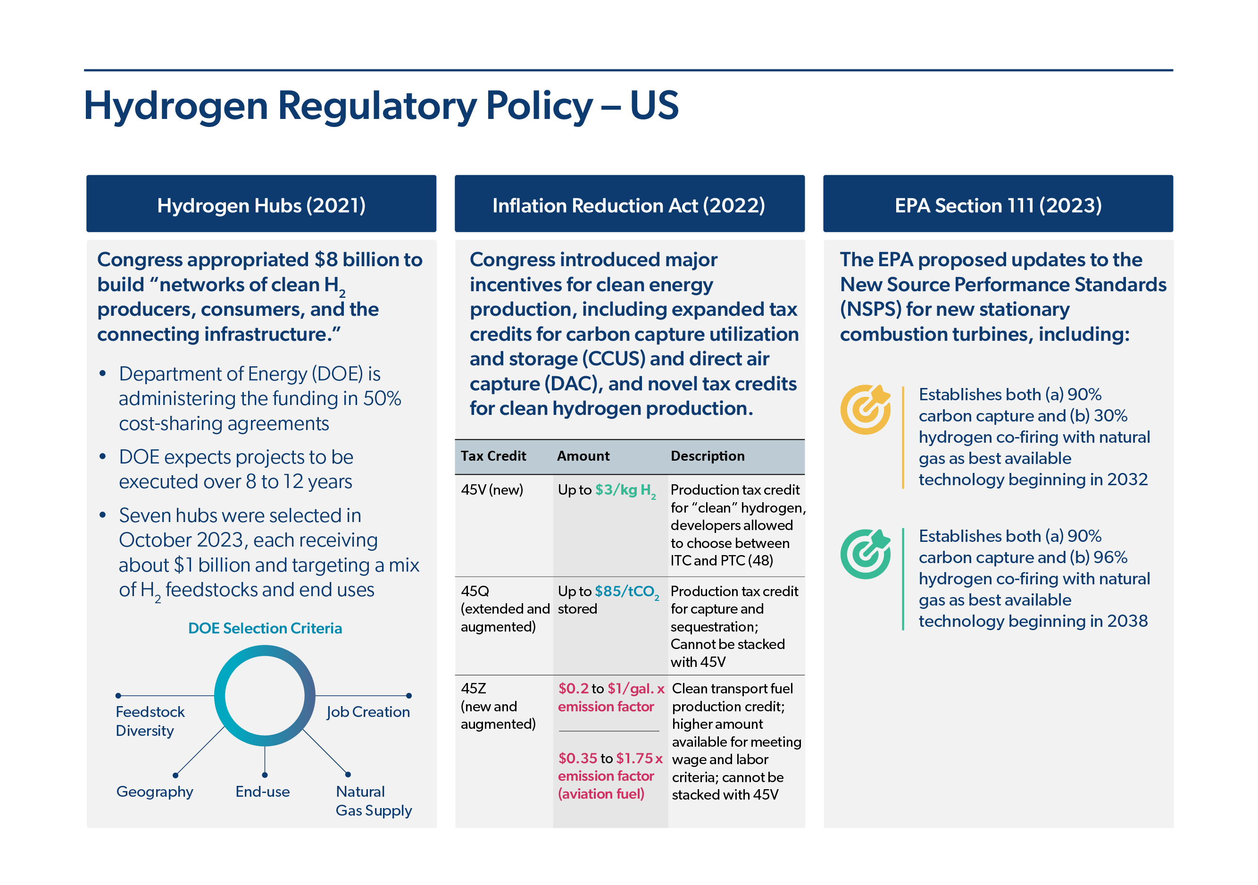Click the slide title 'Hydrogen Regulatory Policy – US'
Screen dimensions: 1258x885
381,106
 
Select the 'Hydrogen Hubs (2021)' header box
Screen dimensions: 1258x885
261,203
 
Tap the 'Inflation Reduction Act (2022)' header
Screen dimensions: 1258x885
630,203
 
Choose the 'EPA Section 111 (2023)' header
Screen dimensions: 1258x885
998,203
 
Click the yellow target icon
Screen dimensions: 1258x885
866,410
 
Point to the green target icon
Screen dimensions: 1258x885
866,554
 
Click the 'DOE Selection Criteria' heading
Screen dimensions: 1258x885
265,628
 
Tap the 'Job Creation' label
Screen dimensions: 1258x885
368,712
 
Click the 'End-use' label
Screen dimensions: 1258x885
262,791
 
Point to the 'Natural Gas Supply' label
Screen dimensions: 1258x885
374,801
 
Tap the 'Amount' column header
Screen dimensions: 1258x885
583,455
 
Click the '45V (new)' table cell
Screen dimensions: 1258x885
492,489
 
